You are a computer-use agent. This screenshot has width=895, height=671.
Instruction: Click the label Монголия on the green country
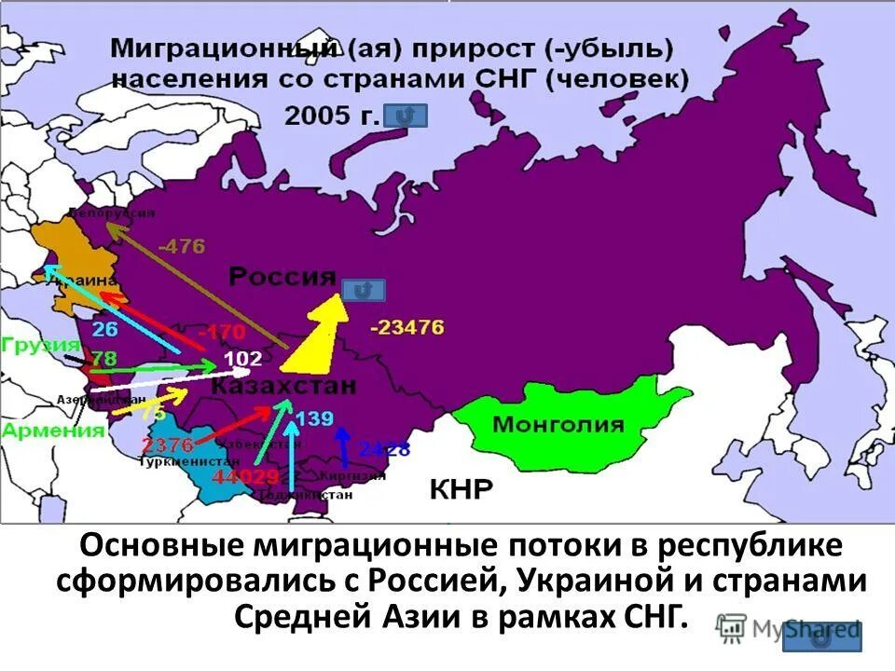pos(558,425)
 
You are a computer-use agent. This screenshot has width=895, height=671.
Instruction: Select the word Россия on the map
pos(282,277)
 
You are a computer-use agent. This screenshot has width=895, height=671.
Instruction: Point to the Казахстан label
pos(282,386)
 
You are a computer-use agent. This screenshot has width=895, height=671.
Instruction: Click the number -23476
pos(406,327)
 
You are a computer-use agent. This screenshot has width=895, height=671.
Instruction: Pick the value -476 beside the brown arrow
pos(181,247)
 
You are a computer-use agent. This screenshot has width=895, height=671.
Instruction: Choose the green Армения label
pos(52,430)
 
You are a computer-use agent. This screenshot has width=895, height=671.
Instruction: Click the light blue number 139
pos(314,418)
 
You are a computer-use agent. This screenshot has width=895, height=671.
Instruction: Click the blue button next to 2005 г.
pos(406,116)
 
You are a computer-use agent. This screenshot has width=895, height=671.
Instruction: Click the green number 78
pos(103,359)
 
